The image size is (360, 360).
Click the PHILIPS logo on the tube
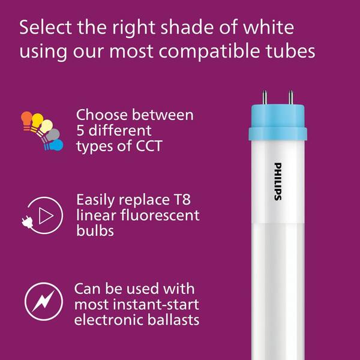pos(278,181)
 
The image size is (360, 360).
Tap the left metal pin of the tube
pos(265,97)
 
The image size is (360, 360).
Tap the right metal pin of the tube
pos(290,97)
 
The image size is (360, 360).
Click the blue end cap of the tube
pos(278,122)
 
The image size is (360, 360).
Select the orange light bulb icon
pos(26,120)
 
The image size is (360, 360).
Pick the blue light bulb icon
pos(55,145)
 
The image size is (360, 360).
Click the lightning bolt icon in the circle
pos(44,301)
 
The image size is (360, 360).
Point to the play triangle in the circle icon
pos(46,215)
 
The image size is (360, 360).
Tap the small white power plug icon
pos(28,222)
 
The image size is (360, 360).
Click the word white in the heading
pos(268,28)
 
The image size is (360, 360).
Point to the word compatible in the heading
pos(209,52)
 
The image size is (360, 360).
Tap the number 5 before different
pos(80,130)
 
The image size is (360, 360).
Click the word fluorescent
pos(160,215)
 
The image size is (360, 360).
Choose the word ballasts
pos(173,320)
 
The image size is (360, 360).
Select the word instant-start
pos(156,304)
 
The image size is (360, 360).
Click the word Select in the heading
pos(46,28)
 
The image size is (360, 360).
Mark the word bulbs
pos(95,230)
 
